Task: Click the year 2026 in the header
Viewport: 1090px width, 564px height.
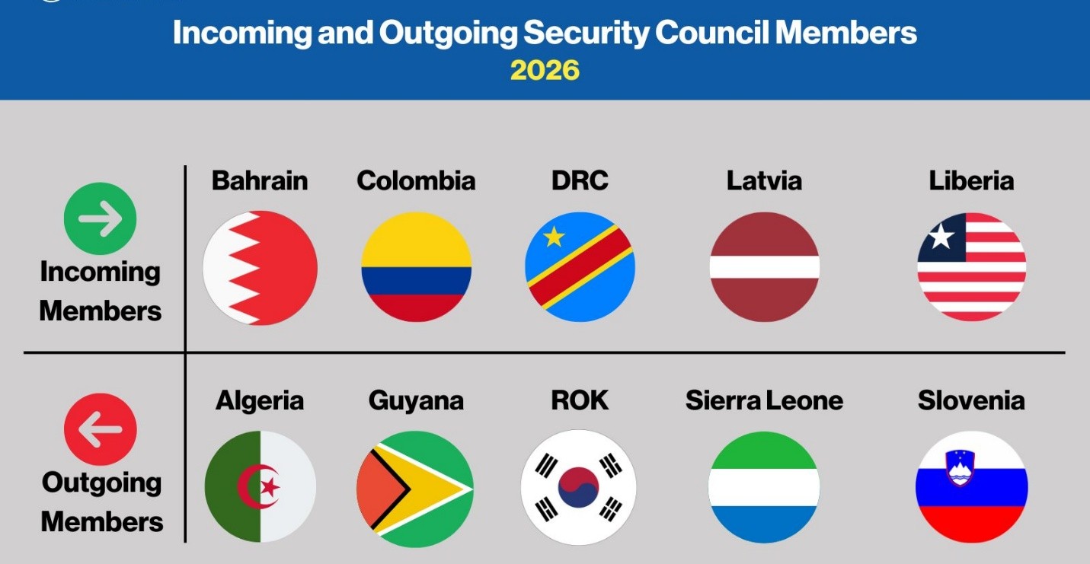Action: click(x=545, y=70)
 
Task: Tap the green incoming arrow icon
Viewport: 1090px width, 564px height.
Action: click(x=100, y=218)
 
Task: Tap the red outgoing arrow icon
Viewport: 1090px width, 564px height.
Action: click(x=100, y=429)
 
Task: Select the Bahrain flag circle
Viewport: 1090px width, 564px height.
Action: click(x=260, y=268)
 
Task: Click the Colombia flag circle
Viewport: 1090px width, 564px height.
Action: click(x=416, y=267)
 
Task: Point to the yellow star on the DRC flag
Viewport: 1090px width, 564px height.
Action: click(x=554, y=237)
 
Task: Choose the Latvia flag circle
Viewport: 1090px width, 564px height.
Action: click(x=764, y=267)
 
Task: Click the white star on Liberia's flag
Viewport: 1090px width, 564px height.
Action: click(x=941, y=237)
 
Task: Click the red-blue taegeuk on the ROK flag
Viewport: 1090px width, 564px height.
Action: click(x=578, y=488)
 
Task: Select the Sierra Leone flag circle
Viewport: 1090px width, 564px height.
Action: click(x=764, y=488)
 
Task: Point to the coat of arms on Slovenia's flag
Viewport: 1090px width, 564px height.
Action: click(x=960, y=467)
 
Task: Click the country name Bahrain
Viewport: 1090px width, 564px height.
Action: click(x=260, y=180)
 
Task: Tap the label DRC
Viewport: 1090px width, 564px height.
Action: click(x=580, y=180)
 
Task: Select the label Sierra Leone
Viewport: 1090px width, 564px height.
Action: click(x=764, y=400)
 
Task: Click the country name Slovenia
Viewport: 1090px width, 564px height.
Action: click(x=971, y=400)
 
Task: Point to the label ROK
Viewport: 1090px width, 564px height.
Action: click(x=580, y=400)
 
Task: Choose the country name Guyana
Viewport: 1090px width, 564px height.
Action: click(x=416, y=400)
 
